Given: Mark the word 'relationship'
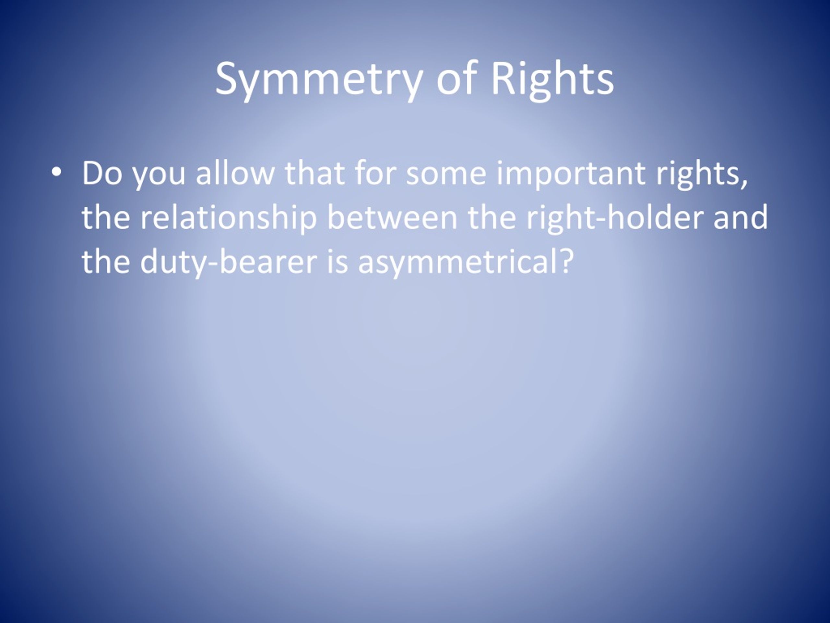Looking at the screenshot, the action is (x=229, y=220).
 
